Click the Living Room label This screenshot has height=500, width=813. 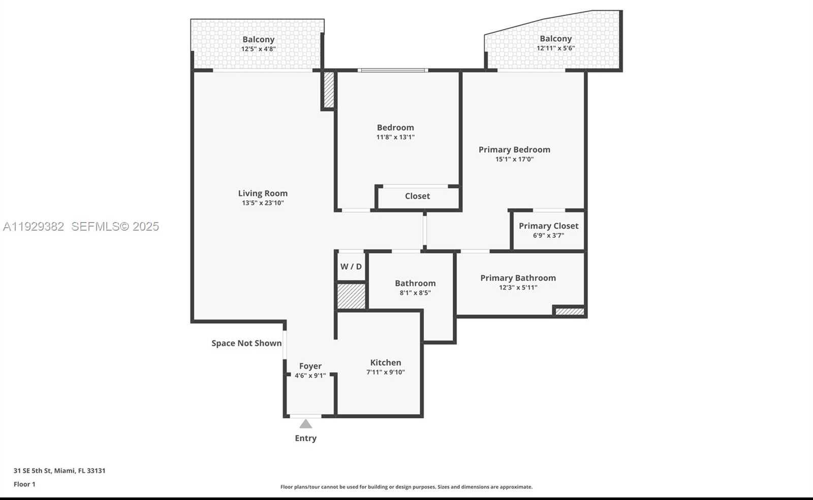[263, 193]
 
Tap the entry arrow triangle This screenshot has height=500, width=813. [305, 424]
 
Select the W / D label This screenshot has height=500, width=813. [351, 267]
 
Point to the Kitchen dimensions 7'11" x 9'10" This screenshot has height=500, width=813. [386, 372]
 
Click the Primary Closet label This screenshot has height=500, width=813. [548, 226]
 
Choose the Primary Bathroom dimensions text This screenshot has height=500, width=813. [518, 288]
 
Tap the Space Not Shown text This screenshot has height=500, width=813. [246, 343]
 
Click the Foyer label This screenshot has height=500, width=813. [310, 366]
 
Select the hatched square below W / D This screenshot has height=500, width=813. [352, 296]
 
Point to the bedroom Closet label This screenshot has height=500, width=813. [417, 196]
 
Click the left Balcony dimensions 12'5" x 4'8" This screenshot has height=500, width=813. [258, 49]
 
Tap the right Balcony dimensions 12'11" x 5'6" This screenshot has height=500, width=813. [555, 48]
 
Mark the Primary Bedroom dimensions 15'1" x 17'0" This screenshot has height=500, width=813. [514, 159]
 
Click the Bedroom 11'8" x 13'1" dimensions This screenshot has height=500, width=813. [395, 137]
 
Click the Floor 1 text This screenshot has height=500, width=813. [24, 484]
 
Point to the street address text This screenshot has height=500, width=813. [59, 471]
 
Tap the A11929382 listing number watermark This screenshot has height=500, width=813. [34, 227]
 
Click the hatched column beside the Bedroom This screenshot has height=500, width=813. [329, 90]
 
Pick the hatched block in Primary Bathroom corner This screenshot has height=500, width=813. [570, 311]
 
